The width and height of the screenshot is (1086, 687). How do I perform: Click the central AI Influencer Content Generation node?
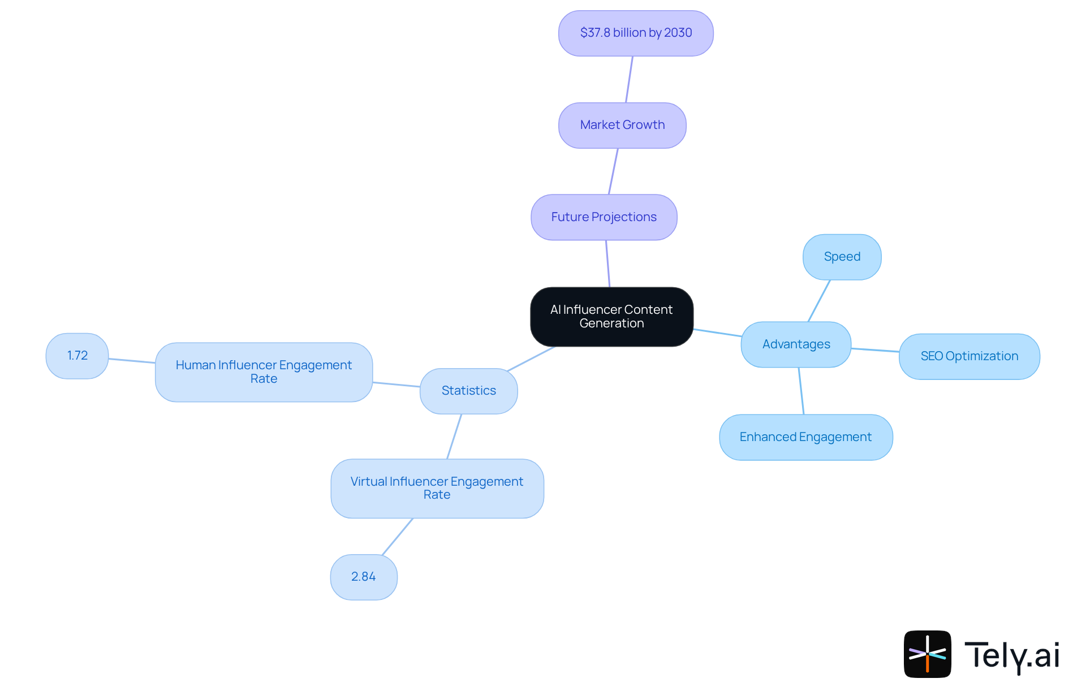pyautogui.click(x=611, y=317)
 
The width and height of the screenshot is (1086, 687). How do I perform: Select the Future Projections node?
pyautogui.click(x=604, y=217)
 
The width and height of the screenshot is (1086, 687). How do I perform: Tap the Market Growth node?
pyautogui.click(x=622, y=125)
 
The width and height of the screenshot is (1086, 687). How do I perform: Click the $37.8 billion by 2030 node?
pyautogui.click(x=636, y=33)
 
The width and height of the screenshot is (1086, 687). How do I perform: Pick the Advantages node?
pyautogui.click(x=796, y=344)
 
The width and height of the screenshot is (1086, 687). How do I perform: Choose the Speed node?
pyautogui.click(x=842, y=257)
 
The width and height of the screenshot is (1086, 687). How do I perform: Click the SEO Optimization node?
pyautogui.click(x=969, y=356)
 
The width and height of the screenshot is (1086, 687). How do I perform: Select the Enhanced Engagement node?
pyautogui.click(x=805, y=437)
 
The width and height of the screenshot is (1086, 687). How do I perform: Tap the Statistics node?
pyautogui.click(x=468, y=391)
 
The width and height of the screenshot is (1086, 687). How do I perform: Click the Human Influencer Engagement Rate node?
pyautogui.click(x=264, y=372)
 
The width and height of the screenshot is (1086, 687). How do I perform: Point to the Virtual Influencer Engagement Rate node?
pyautogui.click(x=437, y=488)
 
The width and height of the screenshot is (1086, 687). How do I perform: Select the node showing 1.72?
pyautogui.click(x=77, y=356)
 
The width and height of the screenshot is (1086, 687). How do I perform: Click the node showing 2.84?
pyautogui.click(x=363, y=577)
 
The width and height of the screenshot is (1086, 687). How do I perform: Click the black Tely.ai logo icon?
pyautogui.click(x=927, y=654)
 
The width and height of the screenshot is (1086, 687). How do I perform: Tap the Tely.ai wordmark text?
pyautogui.click(x=1011, y=655)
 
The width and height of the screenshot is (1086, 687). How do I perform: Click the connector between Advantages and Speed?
pyautogui.click(x=819, y=301)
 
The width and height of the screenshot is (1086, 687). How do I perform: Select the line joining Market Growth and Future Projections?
pyautogui.click(x=613, y=171)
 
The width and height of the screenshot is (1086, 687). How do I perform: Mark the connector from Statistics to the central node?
pyautogui.click(x=531, y=358)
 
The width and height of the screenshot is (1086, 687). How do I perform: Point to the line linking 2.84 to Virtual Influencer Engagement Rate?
pyautogui.click(x=397, y=537)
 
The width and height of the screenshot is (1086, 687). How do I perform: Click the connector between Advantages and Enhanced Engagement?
pyautogui.click(x=801, y=391)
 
